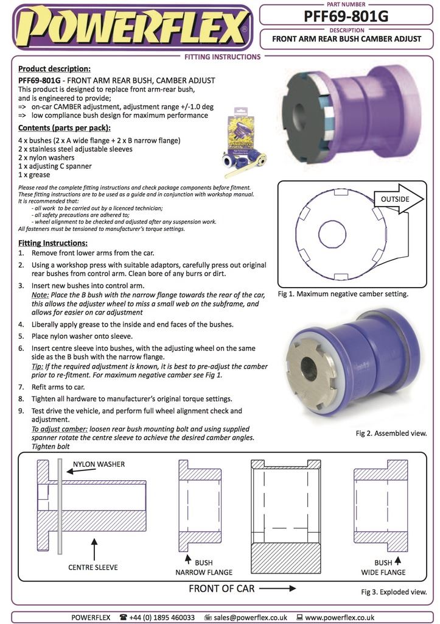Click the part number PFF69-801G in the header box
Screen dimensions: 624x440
tap(346, 16)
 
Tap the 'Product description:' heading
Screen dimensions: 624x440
tap(54, 69)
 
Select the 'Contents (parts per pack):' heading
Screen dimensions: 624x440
tap(65, 128)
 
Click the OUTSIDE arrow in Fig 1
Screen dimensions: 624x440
tap(396, 199)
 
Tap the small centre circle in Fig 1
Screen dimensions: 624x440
tap(333, 235)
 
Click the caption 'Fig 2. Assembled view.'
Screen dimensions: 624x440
tap(391, 433)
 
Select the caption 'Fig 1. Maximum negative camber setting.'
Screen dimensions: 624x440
tap(343, 294)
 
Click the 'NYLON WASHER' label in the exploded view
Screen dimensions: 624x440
tap(99, 464)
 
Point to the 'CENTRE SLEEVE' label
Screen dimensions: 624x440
tap(93, 567)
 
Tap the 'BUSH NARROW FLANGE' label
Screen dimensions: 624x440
tap(204, 567)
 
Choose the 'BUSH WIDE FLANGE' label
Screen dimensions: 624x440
tap(383, 567)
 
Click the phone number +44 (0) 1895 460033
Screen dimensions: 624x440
tap(161, 617)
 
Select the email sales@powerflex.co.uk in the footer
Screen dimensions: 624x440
tap(251, 617)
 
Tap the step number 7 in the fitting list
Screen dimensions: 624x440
tap(22, 387)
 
